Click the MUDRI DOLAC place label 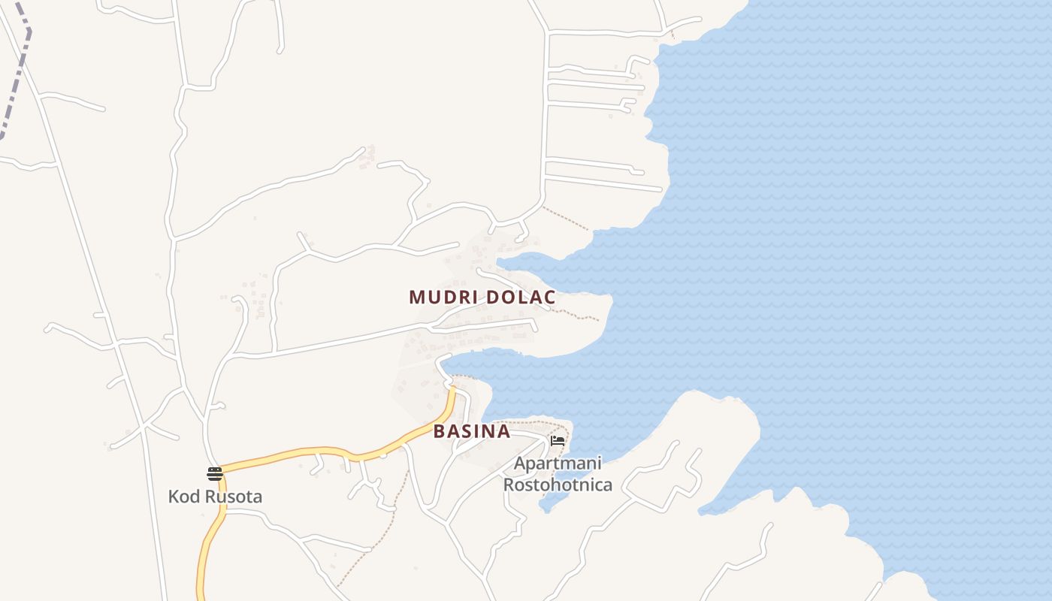(x=482, y=297)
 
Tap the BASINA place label (x=472, y=432)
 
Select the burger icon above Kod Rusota (x=215, y=473)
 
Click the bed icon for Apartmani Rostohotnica (x=558, y=441)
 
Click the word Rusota (x=234, y=497)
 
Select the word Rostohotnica (x=558, y=485)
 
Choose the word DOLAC (x=521, y=297)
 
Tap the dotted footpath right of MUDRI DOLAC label (x=579, y=316)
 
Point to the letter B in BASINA (x=440, y=432)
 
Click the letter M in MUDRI (x=416, y=297)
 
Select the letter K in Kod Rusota (x=174, y=497)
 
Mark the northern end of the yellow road (x=453, y=389)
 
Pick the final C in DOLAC (x=550, y=297)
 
